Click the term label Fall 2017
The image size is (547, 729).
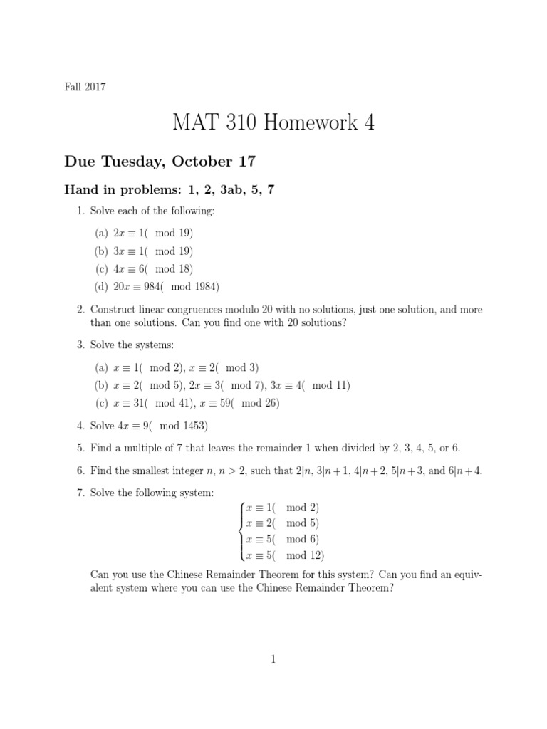pos(85,87)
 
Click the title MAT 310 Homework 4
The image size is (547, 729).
pos(273,123)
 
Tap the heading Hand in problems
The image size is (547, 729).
pos(121,190)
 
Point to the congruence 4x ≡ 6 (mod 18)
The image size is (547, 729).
pos(153,269)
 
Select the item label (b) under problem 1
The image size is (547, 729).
pos(101,251)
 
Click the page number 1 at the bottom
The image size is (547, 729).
pos(273,660)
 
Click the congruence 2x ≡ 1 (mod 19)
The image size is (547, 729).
pos(153,233)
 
